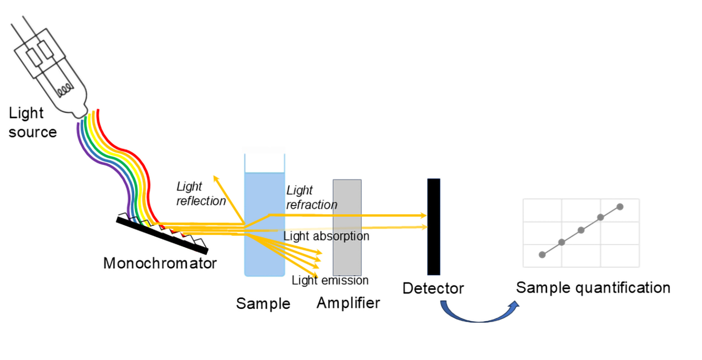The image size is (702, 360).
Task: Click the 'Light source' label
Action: [x=32, y=122]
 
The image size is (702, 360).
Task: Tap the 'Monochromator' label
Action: [x=160, y=263]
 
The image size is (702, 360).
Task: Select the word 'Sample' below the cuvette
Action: [x=263, y=304]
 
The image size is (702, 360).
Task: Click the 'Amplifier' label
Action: [x=348, y=303]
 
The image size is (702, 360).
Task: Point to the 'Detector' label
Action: [x=433, y=288]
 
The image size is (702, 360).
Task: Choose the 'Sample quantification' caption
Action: [x=593, y=288]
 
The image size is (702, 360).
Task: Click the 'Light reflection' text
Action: [x=201, y=194]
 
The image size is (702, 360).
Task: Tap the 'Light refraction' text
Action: [x=312, y=197]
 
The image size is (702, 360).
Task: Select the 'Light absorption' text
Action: [x=326, y=236]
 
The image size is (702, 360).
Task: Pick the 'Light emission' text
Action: [x=330, y=280]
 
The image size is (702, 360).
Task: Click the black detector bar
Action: [x=433, y=227]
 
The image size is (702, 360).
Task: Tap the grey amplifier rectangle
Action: [x=347, y=227]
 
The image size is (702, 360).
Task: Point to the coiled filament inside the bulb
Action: [x=65, y=90]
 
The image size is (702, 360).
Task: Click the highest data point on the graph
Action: [x=620, y=207]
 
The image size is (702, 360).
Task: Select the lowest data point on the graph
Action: [x=542, y=255]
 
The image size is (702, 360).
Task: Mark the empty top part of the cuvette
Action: [x=265, y=163]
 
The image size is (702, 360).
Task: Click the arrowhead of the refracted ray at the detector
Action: [x=423, y=215]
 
